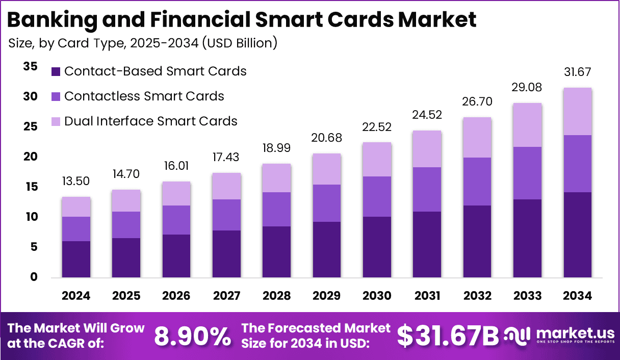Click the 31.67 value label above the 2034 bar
pyautogui.click(x=578, y=72)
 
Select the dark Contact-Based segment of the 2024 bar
pyautogui.click(x=76, y=259)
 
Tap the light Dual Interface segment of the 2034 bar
pyautogui.click(x=578, y=111)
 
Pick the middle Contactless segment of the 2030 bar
pyautogui.click(x=377, y=196)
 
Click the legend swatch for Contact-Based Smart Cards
pyautogui.click(x=56, y=71)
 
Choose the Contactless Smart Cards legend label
pyautogui.click(x=144, y=96)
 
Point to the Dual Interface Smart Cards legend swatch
pyautogui.click(x=56, y=121)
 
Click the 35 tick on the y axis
pyautogui.click(x=30, y=66)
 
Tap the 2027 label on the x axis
pyautogui.click(x=226, y=296)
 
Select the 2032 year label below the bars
pyautogui.click(x=477, y=296)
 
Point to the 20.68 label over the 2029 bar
pyautogui.click(x=327, y=138)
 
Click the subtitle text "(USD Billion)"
pyautogui.click(x=240, y=43)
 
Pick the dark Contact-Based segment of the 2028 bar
pyautogui.click(x=276, y=252)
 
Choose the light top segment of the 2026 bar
pyautogui.click(x=176, y=194)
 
